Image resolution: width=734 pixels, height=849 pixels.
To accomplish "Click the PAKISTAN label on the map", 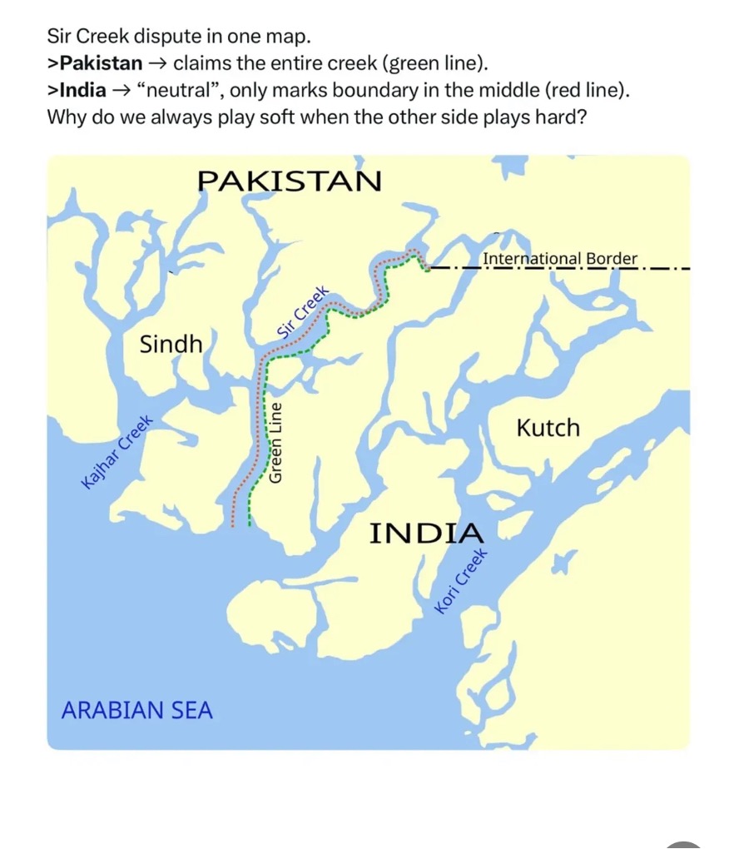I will pos(290,180).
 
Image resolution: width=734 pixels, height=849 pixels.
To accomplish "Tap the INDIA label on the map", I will pos(426,533).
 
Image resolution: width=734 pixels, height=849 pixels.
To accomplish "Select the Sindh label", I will pos(171,344).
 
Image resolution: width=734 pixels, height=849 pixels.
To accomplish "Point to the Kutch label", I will pos(548,428).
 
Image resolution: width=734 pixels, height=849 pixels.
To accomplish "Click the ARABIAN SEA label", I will pos(137,711).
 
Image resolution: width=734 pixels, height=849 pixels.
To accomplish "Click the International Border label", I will pos(560,259).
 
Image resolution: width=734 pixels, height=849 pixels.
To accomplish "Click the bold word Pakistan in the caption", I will pos(102,63).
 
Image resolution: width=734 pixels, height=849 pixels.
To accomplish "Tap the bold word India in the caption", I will pos(83,90).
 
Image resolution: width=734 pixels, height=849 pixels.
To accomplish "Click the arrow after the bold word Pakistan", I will pos(158,63).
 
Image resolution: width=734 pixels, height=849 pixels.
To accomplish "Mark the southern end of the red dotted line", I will pos(233,526).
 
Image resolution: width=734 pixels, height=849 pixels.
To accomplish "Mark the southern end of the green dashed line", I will pos(250,526).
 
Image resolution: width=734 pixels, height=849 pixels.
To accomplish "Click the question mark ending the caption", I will pos(583,116).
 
